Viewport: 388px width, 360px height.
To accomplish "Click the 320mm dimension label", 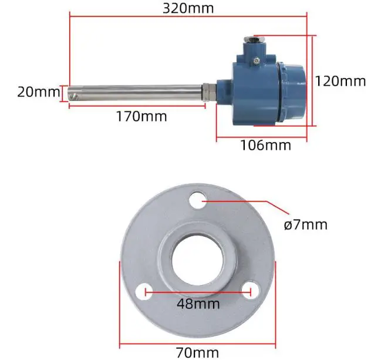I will click(x=188, y=8).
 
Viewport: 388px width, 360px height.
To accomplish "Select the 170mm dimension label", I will click(x=141, y=116).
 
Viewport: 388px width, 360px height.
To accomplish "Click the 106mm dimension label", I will click(x=265, y=144).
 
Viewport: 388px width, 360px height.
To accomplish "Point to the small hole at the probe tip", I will click(x=73, y=93).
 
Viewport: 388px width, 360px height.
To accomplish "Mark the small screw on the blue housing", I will click(x=256, y=59).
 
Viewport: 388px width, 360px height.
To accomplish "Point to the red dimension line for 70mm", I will click(x=198, y=344).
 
